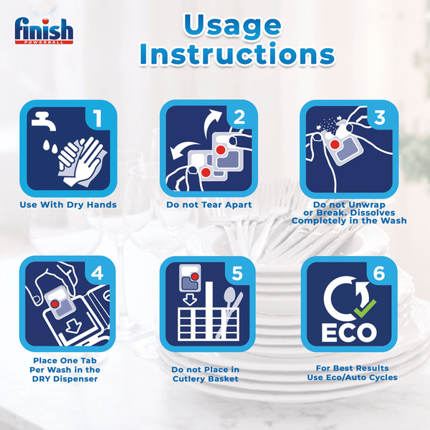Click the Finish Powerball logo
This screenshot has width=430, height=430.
44,29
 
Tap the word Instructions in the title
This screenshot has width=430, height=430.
237,54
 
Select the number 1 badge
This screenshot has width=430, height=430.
97,118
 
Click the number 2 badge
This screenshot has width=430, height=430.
239,118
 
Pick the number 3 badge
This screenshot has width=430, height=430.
380,118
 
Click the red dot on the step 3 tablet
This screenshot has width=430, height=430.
335,144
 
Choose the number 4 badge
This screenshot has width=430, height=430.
97,273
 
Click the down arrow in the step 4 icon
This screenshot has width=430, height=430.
73,327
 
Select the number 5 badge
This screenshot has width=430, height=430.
237,274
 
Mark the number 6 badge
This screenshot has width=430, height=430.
379,274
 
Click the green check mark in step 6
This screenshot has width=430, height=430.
365,308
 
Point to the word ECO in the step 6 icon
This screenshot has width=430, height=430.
349,333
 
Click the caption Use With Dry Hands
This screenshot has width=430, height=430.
68,205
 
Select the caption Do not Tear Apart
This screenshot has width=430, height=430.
209,205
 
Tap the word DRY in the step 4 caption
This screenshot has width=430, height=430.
42,379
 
